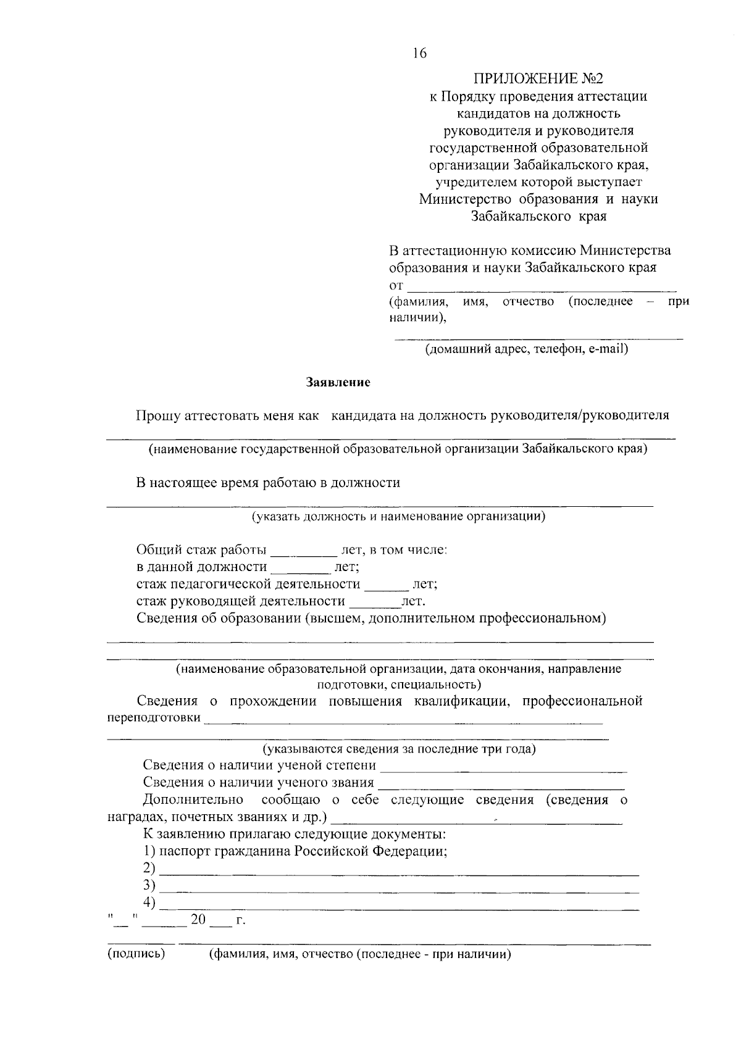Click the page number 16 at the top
coord(419,54)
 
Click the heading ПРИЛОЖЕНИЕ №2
coord(538,79)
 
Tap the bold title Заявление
coord(338,383)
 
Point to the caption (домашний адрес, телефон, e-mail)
coord(526,349)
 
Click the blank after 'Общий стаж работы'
coord(303,553)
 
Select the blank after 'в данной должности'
coord(300,570)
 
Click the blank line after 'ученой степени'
coord(503,769)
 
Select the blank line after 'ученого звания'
coord(501,786)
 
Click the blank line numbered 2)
coord(399,873)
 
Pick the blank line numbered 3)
coord(399,890)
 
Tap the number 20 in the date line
coord(198,920)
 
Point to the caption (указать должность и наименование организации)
coord(398,516)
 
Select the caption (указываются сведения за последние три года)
coord(399,749)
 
